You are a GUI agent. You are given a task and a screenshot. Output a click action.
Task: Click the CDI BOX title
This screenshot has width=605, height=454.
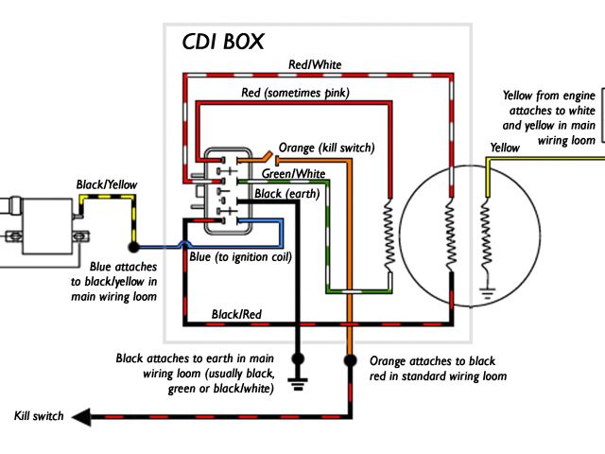coord(223,42)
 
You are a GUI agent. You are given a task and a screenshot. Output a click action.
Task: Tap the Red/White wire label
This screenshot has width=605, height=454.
coord(315,64)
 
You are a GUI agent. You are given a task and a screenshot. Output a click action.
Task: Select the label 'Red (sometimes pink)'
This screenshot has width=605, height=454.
coord(296,93)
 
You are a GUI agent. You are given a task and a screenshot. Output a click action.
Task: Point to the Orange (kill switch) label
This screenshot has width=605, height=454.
coord(326,148)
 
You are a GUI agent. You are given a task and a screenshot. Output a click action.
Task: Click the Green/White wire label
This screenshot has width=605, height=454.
coord(293,173)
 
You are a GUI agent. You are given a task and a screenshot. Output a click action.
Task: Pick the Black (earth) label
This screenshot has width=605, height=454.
coord(287,193)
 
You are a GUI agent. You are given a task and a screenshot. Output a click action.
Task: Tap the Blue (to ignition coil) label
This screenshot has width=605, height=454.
coord(240,257)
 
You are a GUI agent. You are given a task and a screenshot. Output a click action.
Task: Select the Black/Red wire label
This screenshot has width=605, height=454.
coord(236,314)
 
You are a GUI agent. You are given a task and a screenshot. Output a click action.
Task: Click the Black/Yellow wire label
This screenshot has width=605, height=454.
coord(107,184)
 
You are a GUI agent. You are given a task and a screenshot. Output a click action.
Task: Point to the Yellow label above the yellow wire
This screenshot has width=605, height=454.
coord(505,148)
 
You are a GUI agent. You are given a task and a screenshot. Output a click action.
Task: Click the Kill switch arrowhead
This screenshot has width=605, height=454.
coord(81,417)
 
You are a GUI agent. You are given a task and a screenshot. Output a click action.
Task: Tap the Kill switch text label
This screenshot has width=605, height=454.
coord(39,416)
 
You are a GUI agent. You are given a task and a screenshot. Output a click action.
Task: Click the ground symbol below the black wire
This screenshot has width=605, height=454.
coord(298,384)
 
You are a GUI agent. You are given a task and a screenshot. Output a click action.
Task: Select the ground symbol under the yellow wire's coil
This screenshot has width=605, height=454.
coord(488,293)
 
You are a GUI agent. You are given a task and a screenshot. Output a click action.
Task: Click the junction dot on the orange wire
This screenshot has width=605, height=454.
coord(350,360)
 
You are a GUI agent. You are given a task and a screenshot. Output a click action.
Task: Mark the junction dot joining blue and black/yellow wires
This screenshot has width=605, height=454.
coord(133,247)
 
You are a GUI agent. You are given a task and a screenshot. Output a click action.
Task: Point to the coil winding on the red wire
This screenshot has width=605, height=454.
coord(389,236)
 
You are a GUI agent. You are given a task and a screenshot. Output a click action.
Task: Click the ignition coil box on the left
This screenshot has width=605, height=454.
coord(48,226)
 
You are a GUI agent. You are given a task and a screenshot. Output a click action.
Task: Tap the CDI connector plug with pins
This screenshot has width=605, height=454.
coord(228,191)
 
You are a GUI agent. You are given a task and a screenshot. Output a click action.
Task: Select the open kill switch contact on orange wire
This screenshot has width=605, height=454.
coord(268,158)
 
